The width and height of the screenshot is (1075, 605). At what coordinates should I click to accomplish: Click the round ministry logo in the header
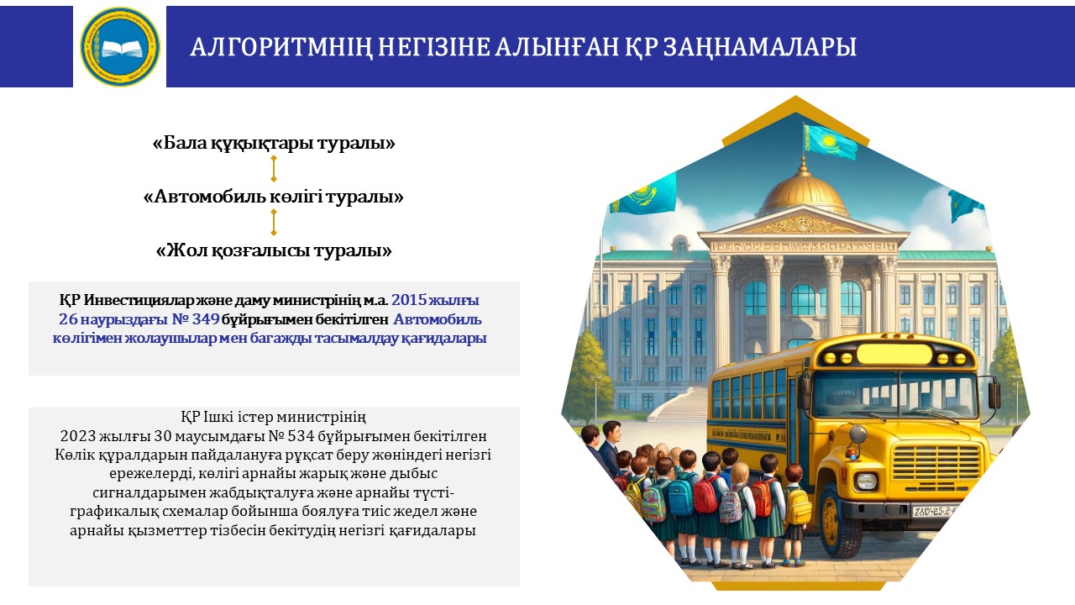120,46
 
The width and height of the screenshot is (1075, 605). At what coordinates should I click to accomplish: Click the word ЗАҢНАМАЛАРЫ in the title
760,47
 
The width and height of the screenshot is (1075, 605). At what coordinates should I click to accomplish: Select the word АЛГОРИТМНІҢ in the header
281,47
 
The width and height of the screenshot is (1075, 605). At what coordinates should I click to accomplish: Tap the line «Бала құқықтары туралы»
274,143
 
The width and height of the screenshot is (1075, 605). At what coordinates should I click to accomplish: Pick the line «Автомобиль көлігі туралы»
274,197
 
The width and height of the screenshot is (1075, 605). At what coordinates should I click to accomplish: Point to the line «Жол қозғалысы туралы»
274,250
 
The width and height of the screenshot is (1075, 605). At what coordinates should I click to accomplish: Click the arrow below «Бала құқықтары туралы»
274,169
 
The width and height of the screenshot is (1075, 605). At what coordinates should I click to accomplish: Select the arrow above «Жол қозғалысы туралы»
274,223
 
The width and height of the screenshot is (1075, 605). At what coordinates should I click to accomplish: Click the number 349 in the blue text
206,318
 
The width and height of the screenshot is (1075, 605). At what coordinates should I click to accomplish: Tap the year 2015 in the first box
409,300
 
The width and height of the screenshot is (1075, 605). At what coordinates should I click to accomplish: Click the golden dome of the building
803,191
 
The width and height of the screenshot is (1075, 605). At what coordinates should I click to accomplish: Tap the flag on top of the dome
829,141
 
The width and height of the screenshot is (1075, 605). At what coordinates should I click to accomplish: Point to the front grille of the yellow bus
936,461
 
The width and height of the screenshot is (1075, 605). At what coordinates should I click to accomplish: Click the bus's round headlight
866,481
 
